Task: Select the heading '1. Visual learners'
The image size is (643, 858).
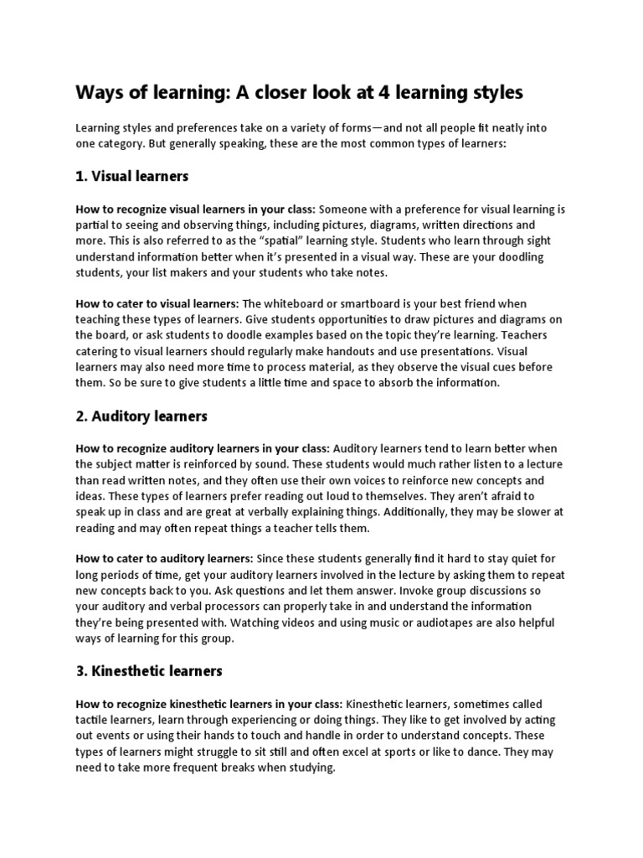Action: pyautogui.click(x=132, y=176)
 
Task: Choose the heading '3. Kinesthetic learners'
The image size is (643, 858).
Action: pyautogui.click(x=148, y=671)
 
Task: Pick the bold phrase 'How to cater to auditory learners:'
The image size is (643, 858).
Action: pyautogui.click(x=164, y=559)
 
